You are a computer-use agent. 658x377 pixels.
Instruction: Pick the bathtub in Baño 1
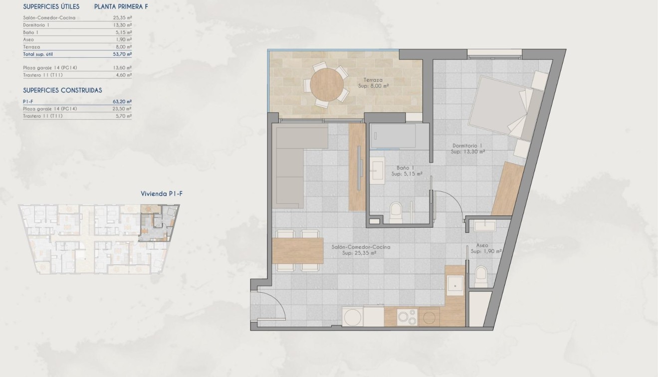tap(393, 136)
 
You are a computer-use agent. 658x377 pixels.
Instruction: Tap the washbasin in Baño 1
tap(377, 170)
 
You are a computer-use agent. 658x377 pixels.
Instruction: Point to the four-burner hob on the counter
tap(407, 317)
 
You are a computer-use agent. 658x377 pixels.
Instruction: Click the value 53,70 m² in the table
tap(122, 53)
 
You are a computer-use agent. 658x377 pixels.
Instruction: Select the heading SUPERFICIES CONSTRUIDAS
tap(62, 90)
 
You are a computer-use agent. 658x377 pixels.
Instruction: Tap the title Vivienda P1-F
tap(161, 193)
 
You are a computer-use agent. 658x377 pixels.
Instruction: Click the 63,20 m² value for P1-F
tap(122, 101)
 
